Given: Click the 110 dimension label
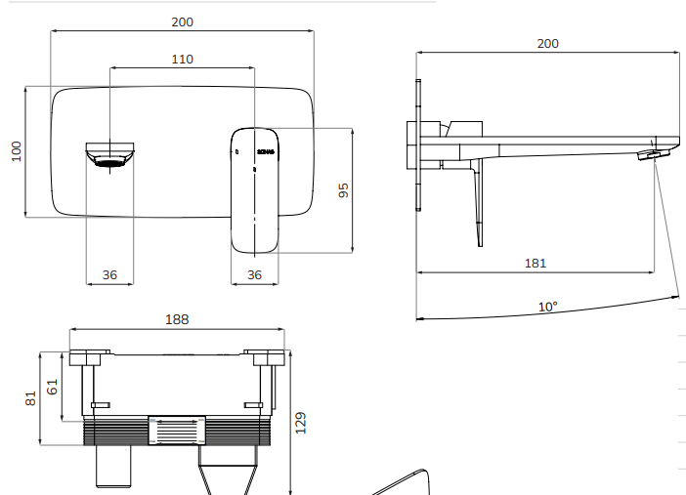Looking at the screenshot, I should pyautogui.click(x=183, y=59).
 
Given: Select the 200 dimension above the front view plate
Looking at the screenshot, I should pyautogui.click(x=183, y=20).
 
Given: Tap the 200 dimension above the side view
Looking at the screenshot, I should pyautogui.click(x=548, y=43).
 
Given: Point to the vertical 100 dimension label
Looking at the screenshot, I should pyautogui.click(x=16, y=151).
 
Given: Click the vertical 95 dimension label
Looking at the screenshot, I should pyautogui.click(x=342, y=190).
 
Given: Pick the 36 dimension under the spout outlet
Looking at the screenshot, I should pyautogui.click(x=109, y=275).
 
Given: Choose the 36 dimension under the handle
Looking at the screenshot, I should pyautogui.click(x=254, y=275).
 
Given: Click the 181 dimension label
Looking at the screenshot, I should pyautogui.click(x=535, y=263).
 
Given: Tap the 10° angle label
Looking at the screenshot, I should pyautogui.click(x=548, y=306).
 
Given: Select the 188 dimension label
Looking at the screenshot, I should pyautogui.click(x=177, y=319).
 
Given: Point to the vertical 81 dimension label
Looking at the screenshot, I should pyautogui.click(x=30, y=396).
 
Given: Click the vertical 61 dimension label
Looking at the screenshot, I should pyautogui.click(x=53, y=387).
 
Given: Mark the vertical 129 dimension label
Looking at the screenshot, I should pyautogui.click(x=301, y=422).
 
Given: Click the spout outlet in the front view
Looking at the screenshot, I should pyautogui.click(x=110, y=155).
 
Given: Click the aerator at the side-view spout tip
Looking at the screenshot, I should pyautogui.click(x=648, y=154).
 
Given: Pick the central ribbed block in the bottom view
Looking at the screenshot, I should pyautogui.click(x=177, y=430).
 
